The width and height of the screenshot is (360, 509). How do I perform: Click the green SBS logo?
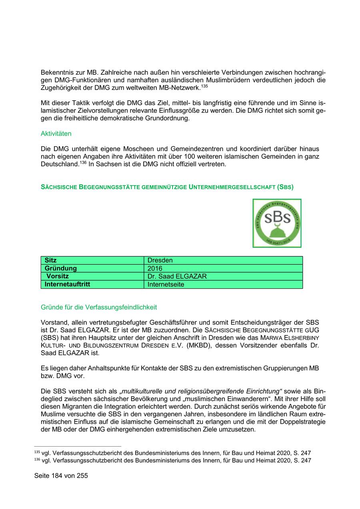pos(277,223)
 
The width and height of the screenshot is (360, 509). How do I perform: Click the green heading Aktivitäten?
pos(56,134)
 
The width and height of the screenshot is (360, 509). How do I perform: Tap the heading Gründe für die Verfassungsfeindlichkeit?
pos(99,307)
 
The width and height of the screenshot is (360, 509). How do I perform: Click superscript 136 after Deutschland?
pos(83,162)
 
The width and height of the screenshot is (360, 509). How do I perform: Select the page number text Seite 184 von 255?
pos(61,476)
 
